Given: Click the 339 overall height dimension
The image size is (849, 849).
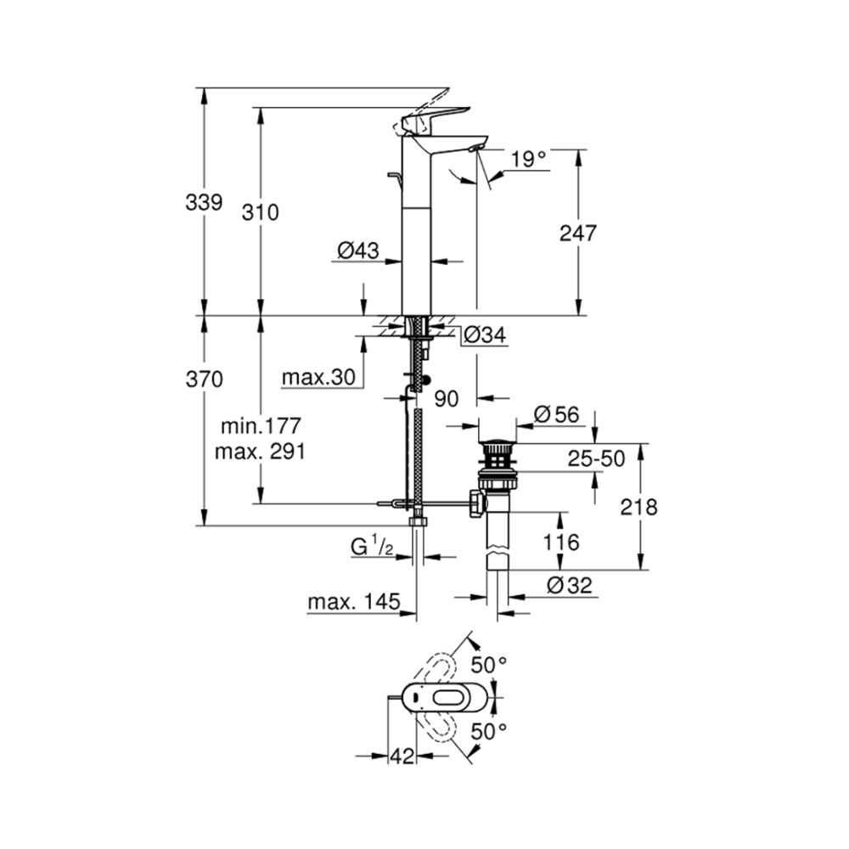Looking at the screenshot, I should click(x=204, y=202).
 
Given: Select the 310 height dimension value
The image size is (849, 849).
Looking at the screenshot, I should click(x=260, y=212).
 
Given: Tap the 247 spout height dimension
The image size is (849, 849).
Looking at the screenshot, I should click(x=579, y=233).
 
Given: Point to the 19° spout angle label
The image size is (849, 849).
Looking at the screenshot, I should click(x=529, y=159).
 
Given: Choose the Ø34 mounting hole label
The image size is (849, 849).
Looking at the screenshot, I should click(x=485, y=336).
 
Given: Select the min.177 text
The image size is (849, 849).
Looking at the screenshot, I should click(x=259, y=424).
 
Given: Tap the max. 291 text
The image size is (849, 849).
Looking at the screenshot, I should click(x=259, y=450).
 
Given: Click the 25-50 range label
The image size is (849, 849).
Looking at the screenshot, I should click(x=596, y=459).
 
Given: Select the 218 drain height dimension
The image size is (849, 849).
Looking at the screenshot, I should click(x=638, y=507).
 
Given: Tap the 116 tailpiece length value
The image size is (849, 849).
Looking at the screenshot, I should click(x=561, y=542).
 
